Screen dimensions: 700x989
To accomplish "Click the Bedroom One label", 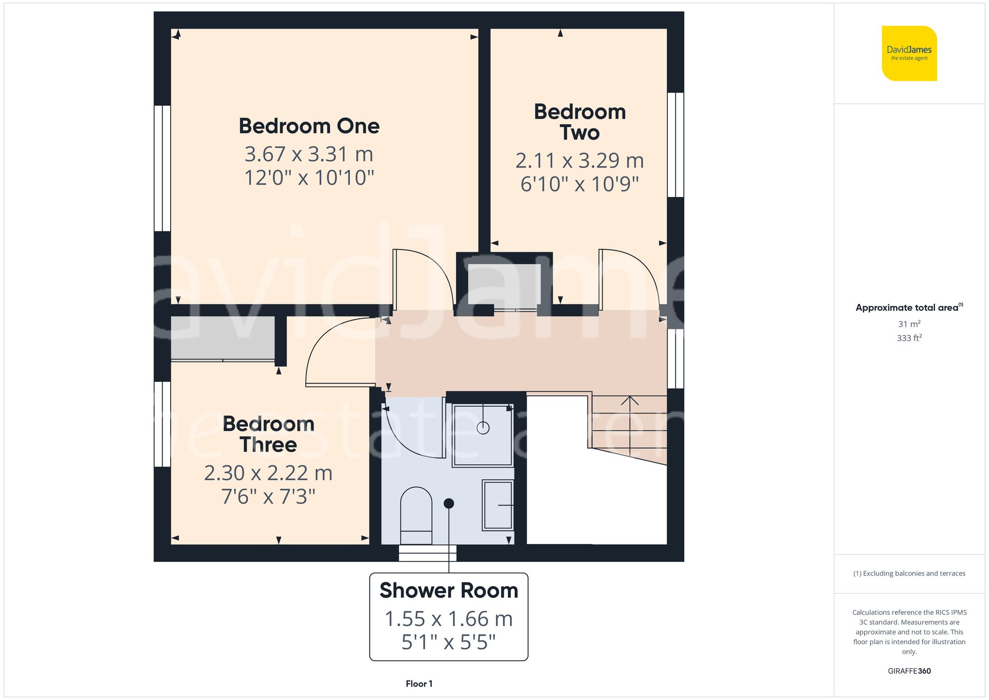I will [x=309, y=126].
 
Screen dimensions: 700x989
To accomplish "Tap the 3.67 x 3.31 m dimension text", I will [x=309, y=154].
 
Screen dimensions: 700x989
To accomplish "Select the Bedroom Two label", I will [x=580, y=122].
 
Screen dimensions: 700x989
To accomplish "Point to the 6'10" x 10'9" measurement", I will [x=580, y=184].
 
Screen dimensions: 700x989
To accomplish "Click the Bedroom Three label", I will [x=269, y=434].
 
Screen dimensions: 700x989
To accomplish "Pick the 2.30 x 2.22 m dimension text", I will [x=269, y=473].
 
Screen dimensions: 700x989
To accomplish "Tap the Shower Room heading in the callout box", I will [x=449, y=591].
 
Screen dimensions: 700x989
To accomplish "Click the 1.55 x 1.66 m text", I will [x=449, y=619].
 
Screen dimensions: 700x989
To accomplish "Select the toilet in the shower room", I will [x=416, y=514].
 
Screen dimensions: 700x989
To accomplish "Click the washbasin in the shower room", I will [x=498, y=505].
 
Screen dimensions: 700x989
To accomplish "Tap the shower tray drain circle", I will [x=483, y=428].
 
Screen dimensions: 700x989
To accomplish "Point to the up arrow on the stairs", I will [x=629, y=401].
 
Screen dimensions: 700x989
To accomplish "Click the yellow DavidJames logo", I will [x=909, y=53].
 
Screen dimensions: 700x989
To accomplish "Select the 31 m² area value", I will [x=909, y=324].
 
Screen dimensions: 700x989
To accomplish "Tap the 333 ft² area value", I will [x=909, y=338].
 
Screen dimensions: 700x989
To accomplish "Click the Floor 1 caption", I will [x=419, y=684].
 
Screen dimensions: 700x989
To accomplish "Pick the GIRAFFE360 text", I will [x=909, y=671].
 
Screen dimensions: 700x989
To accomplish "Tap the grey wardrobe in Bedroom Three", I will [x=223, y=338].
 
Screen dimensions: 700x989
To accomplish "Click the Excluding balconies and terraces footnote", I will [x=909, y=573].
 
